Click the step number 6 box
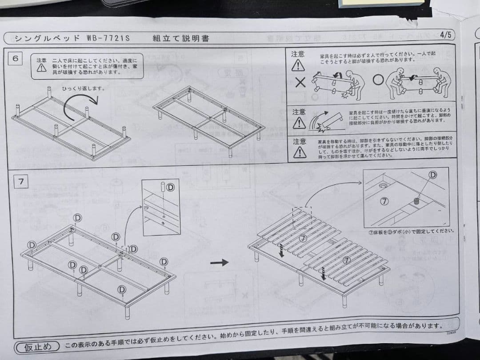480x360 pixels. (x=16, y=59)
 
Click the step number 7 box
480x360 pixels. (x=21, y=181)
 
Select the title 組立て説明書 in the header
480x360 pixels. (x=180, y=38)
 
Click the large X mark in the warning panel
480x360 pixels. (x=300, y=82)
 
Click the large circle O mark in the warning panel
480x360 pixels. (x=378, y=80)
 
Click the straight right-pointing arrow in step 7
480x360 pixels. (x=219, y=263)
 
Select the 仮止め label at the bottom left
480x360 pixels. (x=38, y=347)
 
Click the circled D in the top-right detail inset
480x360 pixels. (x=433, y=175)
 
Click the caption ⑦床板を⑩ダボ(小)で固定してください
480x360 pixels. (x=411, y=231)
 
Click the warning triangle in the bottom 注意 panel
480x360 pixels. (x=300, y=152)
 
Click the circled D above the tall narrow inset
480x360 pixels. (x=170, y=188)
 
